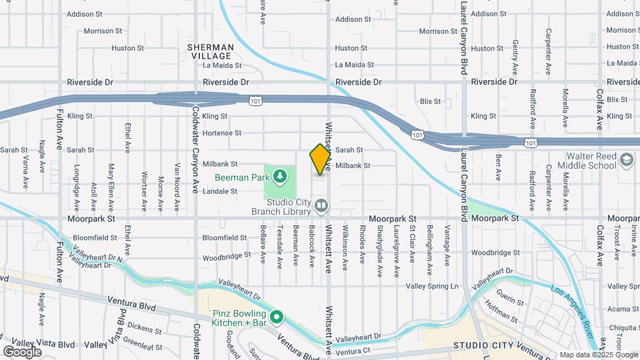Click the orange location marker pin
321,159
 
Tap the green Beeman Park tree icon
281,176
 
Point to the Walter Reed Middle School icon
626,160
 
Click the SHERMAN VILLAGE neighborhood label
211,52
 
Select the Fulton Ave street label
59,130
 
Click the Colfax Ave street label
600,110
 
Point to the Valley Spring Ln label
433,286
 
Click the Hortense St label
221,133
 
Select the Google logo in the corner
22,352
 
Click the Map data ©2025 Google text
598,355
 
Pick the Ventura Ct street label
353,350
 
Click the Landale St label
219,191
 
